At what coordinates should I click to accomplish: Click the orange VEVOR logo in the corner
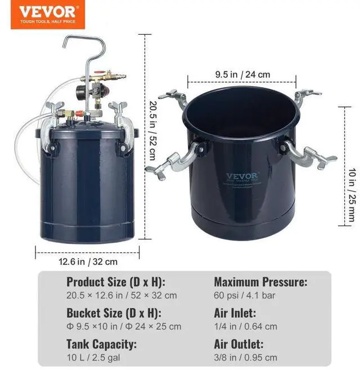click(43, 15)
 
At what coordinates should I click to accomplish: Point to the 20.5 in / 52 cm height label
click(152, 130)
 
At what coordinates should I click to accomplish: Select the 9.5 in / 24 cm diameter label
click(242, 74)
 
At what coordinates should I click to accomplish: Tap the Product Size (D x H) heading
click(116, 282)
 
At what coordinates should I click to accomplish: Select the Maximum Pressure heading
click(260, 282)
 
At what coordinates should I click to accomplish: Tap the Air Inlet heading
click(235, 313)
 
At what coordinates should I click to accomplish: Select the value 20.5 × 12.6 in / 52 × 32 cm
click(121, 295)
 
